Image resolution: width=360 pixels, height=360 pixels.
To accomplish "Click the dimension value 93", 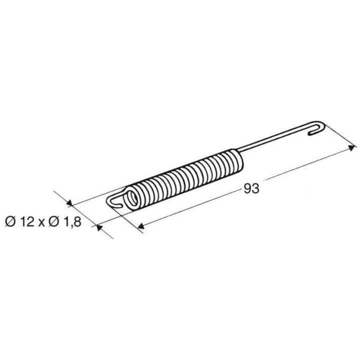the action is tap(251, 189).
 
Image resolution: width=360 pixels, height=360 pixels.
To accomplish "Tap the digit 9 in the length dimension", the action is tap(247, 189).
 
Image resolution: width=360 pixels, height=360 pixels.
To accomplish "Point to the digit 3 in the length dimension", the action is tap(255, 189).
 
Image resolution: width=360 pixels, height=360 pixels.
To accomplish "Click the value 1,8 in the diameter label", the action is tap(72, 222).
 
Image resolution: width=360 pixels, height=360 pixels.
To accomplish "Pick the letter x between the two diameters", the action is tap(41, 223).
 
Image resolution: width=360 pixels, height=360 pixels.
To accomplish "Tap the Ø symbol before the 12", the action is tap(10, 222).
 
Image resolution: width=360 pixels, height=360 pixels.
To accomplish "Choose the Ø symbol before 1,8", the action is tap(54, 222).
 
